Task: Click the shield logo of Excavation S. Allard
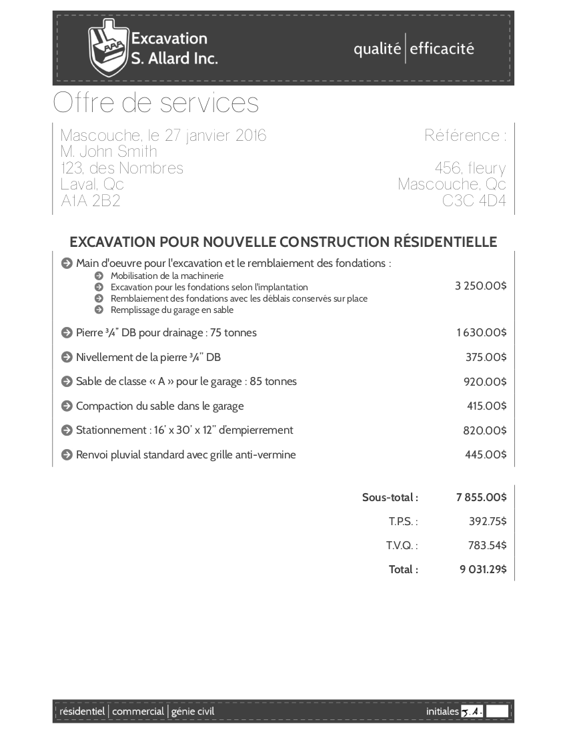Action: coord(107,49)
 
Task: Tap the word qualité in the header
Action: coord(377,49)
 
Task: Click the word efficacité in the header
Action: coord(442,49)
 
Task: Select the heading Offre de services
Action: coord(155,103)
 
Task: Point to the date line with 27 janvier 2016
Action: coord(163,135)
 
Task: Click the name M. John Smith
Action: coord(109,151)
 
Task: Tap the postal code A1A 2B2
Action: coord(90,201)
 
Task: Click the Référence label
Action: coord(465,135)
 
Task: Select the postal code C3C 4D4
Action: coord(474,201)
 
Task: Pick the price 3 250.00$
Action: coord(480,286)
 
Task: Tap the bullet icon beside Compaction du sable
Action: coord(66,406)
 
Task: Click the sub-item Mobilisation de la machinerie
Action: coord(167,276)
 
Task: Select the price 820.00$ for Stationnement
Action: coord(485,430)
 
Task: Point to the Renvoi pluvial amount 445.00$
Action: coord(486,455)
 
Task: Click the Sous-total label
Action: coord(390,497)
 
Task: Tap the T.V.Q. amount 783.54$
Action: coord(487,545)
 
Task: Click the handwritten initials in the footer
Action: coord(472,711)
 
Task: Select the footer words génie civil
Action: coord(193,711)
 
